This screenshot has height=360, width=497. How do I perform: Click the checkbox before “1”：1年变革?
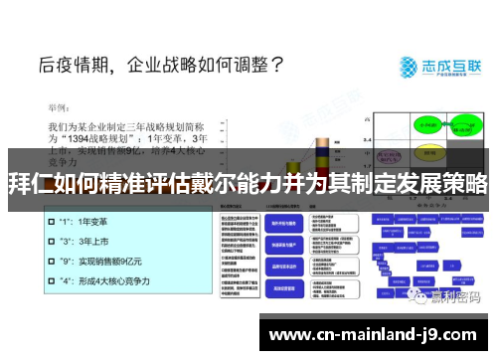50,223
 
